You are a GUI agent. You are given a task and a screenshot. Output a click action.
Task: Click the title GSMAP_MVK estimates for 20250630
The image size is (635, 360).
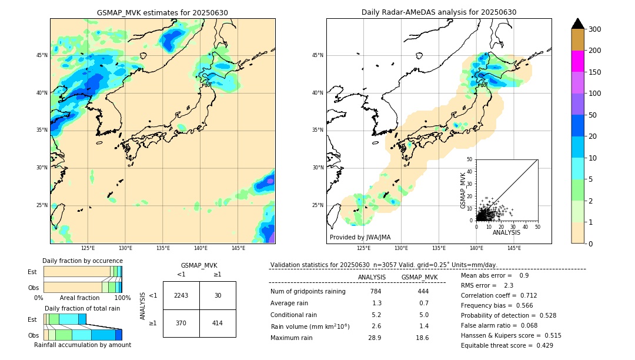tap(162, 12)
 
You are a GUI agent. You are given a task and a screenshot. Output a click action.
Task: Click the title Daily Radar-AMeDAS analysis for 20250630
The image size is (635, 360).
tap(439, 12)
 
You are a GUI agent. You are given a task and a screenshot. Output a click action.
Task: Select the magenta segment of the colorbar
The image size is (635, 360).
tap(577, 61)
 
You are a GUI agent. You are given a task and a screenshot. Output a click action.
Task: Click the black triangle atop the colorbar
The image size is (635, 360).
tap(577, 24)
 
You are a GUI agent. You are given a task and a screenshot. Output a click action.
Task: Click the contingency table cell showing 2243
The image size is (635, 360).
tap(181, 295)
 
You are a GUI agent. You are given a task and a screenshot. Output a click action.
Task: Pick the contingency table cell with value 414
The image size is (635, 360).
tap(218, 323)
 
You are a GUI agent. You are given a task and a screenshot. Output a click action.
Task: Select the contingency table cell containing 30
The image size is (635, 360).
tap(218, 295)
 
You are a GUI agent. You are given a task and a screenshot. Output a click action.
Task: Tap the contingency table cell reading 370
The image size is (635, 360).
tap(181, 323)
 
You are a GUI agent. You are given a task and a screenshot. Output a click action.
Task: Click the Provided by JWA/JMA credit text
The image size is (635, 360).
tap(360, 237)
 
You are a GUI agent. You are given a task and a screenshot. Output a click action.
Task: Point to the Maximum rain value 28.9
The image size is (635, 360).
tap(375, 338)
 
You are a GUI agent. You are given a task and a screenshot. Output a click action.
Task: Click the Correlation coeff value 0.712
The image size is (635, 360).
tap(524, 295)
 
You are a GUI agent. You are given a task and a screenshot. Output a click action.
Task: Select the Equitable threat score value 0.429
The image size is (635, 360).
tap(540, 345)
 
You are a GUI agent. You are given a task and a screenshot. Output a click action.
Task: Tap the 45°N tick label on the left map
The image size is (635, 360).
tap(41, 55)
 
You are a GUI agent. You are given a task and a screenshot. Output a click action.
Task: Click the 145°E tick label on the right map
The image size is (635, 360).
tap(514, 248)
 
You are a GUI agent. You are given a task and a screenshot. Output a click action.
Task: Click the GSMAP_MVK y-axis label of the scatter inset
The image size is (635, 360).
tap(463, 190)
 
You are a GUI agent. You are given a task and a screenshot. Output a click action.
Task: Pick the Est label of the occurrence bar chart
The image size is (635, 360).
tap(32, 272)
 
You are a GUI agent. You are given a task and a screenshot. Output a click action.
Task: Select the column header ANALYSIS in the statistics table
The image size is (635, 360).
tap(372, 277)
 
